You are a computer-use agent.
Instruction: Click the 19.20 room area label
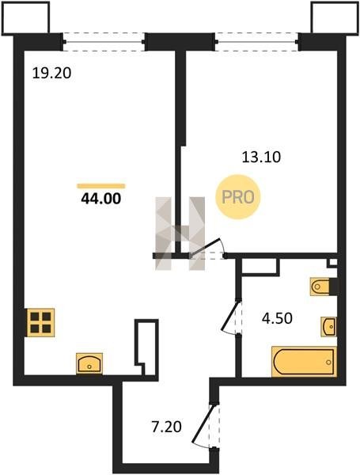pos(51,74)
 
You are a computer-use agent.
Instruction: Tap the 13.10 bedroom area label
pos(261,158)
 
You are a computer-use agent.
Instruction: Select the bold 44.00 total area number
pos(101,199)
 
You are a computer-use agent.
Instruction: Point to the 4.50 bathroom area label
pos(277,318)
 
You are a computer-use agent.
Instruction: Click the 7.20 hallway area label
pos(166,427)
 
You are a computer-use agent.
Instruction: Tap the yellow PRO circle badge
pos(237,197)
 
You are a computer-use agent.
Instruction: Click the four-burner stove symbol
pos(41,323)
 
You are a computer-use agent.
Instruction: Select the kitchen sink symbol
pos(89,363)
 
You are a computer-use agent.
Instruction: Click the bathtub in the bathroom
pos(304,362)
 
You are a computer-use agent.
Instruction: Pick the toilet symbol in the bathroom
pos(320,287)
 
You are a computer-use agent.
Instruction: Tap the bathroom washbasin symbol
pos(329,326)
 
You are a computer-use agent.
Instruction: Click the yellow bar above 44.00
pos(101,186)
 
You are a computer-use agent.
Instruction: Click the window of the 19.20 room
pos(104,42)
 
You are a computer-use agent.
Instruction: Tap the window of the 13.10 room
pos(257,42)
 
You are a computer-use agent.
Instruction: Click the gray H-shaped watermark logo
pos(180,234)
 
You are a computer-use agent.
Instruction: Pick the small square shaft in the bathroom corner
pos(332,263)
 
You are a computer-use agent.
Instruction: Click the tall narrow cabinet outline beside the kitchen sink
pos(147,348)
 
